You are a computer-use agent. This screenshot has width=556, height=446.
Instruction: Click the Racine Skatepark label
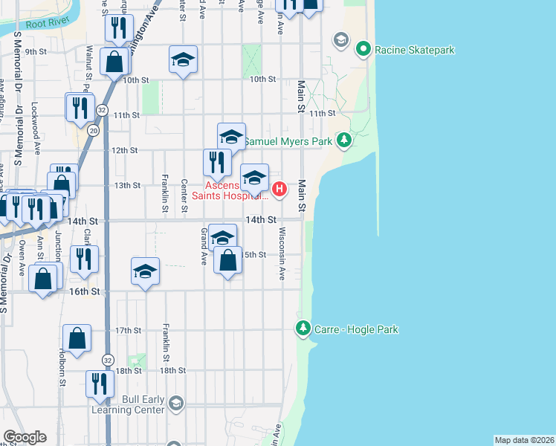[415, 51]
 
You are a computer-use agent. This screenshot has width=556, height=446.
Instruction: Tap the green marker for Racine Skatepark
[363, 51]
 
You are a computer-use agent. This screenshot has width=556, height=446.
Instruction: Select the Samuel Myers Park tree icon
[343, 140]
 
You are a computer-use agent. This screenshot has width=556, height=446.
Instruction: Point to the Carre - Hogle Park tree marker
[303, 328]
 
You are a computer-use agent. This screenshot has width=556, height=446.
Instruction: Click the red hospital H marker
[279, 190]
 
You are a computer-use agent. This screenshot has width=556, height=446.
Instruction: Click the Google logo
[25, 437]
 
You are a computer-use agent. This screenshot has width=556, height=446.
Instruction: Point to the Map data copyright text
[525, 440]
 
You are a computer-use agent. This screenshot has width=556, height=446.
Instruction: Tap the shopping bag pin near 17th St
[77, 338]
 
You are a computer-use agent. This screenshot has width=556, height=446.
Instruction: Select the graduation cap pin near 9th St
[183, 60]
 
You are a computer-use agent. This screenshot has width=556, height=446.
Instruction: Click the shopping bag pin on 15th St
[228, 261]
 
